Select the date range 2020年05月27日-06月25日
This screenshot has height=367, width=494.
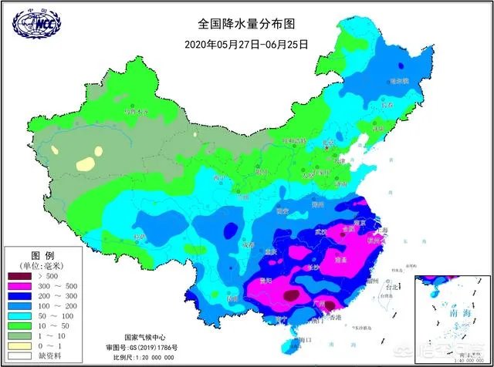246,44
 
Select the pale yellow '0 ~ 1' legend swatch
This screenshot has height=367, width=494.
19,345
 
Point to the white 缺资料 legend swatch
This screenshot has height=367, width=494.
19,356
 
